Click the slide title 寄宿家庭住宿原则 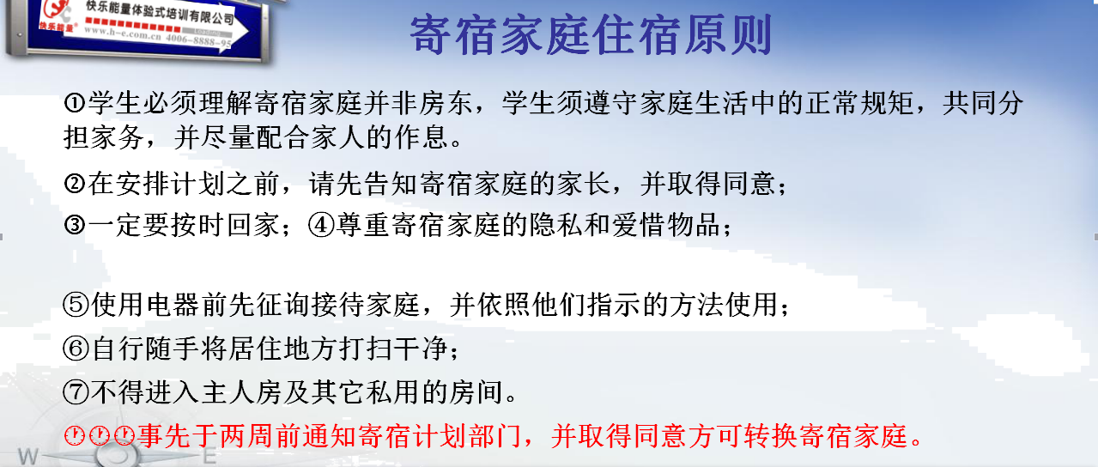591,35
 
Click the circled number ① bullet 75,103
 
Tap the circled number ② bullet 75,185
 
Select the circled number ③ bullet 75,226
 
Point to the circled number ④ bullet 321,226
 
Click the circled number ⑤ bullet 76,304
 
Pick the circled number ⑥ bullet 76,349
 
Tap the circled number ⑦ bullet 76,392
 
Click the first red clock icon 75,435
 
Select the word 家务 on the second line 118,137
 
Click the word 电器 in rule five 173,304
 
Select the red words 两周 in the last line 247,435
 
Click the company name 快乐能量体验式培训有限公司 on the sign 160,12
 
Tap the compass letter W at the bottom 27,457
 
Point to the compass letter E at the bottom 209,457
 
